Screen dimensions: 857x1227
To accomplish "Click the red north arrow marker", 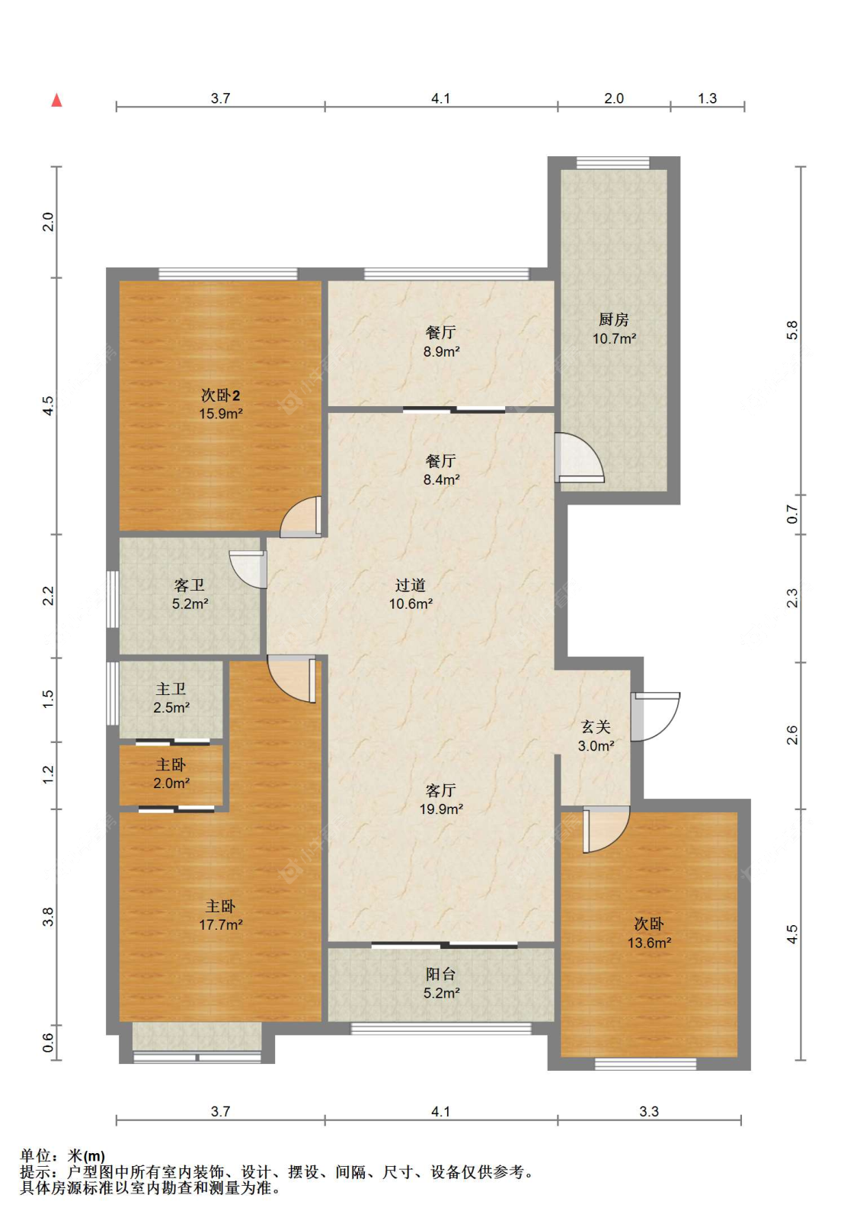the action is click(56, 101).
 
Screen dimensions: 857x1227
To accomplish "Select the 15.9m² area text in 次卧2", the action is click(220, 414).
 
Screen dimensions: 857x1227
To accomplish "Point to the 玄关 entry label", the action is click(595, 727).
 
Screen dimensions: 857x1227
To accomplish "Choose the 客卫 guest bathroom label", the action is click(190, 585).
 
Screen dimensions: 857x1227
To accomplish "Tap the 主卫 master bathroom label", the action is click(171, 688).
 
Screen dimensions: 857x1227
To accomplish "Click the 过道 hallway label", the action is click(410, 585).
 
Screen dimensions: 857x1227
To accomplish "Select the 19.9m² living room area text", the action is click(441, 809).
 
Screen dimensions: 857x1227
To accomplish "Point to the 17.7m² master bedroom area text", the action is click(220, 924).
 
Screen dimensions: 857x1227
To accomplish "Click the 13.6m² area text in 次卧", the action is click(649, 943).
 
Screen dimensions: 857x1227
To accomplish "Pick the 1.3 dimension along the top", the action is click(707, 98).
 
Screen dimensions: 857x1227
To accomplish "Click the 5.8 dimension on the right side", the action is click(791, 330).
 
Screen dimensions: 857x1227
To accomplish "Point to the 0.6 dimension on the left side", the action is click(48, 1042).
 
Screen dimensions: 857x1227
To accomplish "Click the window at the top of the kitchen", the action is click(612, 162).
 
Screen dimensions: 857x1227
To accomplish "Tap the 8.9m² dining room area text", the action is click(441, 351).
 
